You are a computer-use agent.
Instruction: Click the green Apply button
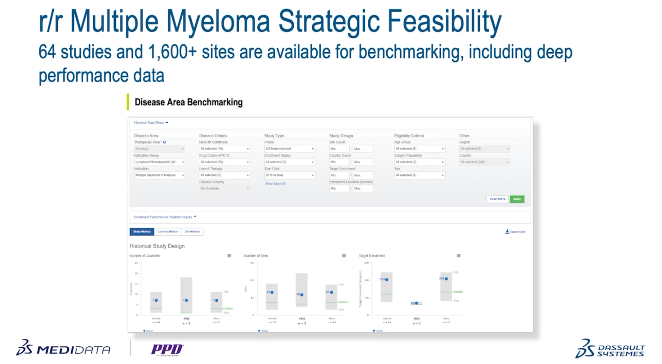pos(517,199)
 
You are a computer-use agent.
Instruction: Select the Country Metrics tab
pos(167,232)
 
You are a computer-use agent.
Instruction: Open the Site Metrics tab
pos(192,232)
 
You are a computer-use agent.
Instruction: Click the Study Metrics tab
pos(142,232)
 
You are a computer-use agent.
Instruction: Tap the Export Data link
pos(515,232)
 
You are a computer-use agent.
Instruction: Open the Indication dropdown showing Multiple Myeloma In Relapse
pos(159,175)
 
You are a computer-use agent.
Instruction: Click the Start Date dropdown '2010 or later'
pos(289,175)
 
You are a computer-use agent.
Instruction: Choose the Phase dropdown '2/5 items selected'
pos(289,149)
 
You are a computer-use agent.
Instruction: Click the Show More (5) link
pos(275,184)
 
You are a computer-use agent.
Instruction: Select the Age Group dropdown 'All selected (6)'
pos(419,149)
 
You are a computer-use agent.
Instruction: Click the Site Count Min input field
pos(339,149)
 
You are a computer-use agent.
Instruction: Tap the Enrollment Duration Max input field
pos(363,188)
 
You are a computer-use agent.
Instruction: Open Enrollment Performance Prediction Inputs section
pos(165,217)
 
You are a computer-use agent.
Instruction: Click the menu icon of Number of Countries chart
pos(229,256)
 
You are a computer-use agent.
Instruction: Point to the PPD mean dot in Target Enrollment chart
pos(417,303)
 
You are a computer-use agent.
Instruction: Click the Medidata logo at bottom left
pos(63,348)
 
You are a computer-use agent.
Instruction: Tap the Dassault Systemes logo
pos(610,349)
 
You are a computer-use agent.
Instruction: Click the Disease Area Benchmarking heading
pos(188,102)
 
